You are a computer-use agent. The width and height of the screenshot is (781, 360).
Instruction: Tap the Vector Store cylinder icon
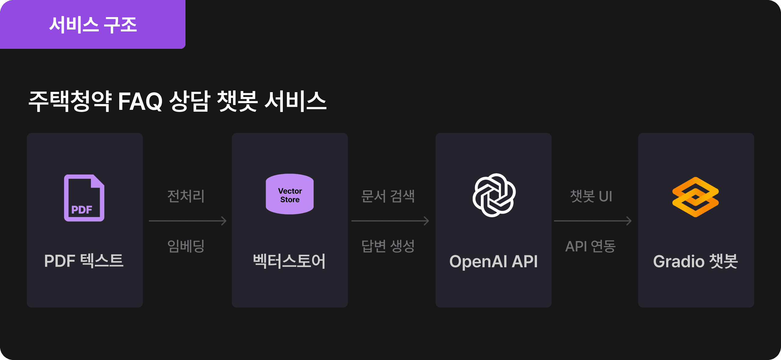(290, 194)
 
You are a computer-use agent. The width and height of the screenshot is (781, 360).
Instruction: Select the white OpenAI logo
(494, 195)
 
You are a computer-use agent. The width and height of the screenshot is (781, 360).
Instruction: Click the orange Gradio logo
(695, 197)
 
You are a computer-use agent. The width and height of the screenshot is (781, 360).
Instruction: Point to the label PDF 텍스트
(84, 261)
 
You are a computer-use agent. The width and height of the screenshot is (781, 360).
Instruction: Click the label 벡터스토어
(290, 261)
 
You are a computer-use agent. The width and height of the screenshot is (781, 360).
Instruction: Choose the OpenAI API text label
(493, 261)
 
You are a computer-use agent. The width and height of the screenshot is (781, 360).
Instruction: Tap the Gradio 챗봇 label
(695, 261)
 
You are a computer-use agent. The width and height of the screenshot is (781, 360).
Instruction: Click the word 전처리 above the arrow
(186, 196)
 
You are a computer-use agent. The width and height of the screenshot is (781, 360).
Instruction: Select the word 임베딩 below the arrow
(186, 246)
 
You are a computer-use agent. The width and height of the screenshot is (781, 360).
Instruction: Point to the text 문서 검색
(388, 196)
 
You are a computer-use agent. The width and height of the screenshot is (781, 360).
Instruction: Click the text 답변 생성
(388, 246)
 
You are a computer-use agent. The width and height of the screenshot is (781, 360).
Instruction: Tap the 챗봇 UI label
(591, 196)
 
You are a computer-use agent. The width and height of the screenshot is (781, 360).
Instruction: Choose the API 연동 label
(590, 246)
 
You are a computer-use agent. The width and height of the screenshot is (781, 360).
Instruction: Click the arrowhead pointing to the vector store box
(224, 221)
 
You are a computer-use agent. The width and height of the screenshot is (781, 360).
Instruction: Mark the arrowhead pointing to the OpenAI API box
(427, 221)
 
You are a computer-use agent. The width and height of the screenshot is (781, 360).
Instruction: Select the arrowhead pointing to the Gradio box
(629, 221)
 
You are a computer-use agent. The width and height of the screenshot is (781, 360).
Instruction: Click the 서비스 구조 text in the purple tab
(93, 25)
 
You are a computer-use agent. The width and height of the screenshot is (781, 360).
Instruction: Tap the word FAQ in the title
(140, 101)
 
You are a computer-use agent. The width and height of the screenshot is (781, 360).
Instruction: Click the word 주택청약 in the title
(70, 101)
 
